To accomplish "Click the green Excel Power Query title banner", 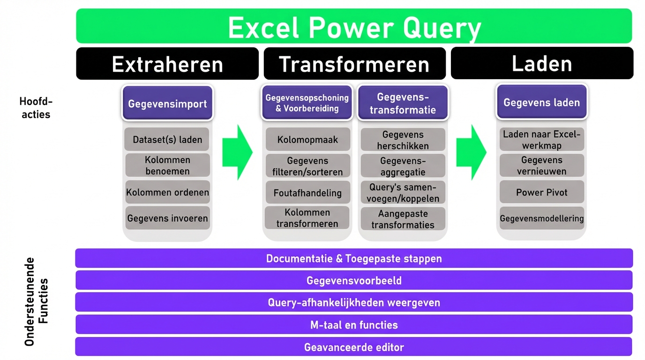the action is [x=354, y=26].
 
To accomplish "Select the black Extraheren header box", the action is [x=167, y=64].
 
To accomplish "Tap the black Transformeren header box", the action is [x=355, y=64].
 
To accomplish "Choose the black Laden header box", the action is [x=542, y=63].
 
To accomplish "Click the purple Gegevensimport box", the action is [x=167, y=103].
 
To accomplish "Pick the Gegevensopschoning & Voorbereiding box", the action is [x=307, y=103].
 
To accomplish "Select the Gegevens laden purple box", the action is [x=541, y=102].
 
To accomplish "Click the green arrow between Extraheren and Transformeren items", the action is [x=237, y=152].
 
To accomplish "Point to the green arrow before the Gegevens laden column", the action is [x=472, y=152].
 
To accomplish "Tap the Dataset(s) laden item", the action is [x=167, y=139].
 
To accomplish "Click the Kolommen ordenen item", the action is [x=167, y=192].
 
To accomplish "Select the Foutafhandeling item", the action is [x=307, y=192].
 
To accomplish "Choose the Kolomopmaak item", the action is [x=307, y=139].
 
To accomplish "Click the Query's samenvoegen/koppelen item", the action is [x=403, y=192].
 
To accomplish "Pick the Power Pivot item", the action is [x=541, y=192].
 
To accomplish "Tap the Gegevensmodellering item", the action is [x=541, y=218].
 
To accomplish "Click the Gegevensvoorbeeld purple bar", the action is [x=354, y=280].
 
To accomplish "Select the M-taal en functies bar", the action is [x=354, y=324].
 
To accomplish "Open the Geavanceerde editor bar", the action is [x=354, y=347].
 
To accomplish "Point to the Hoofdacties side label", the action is [x=36, y=108].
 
